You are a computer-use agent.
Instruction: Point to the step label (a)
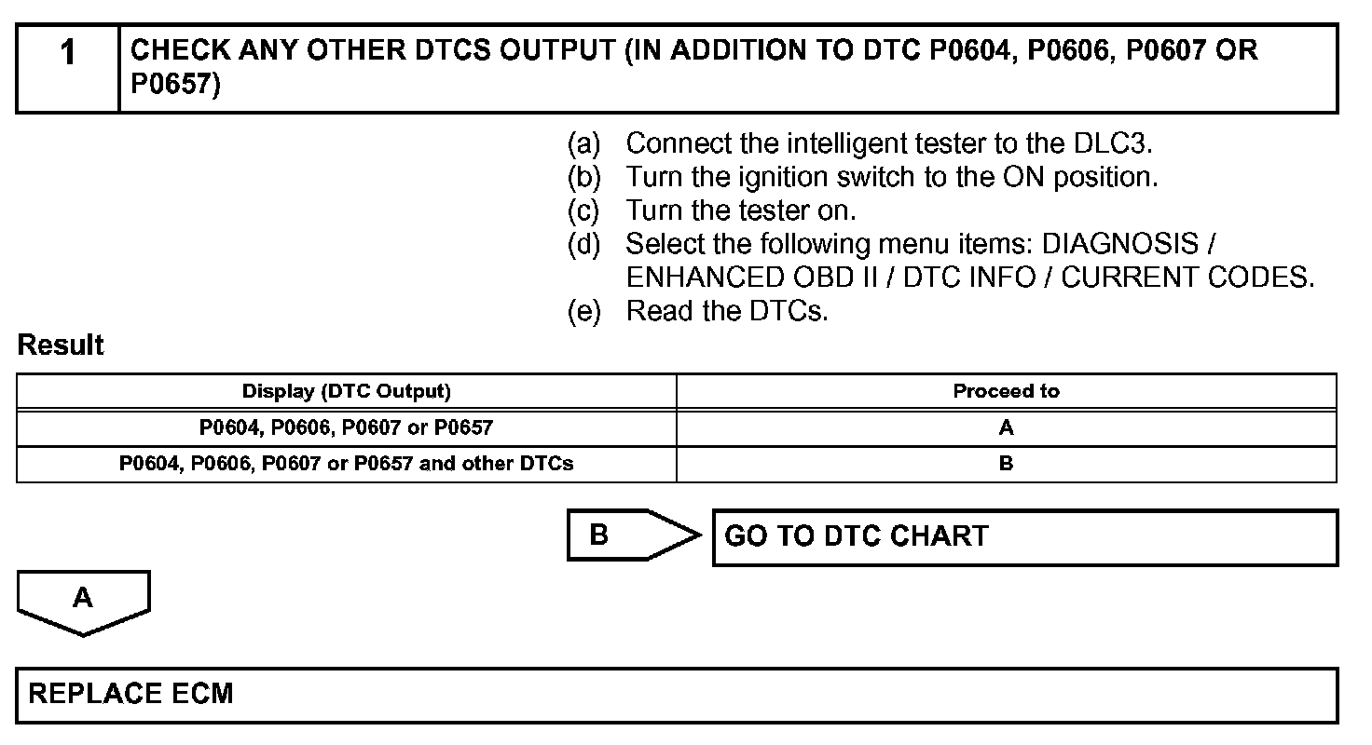[x=584, y=143]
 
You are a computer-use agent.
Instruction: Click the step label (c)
[x=584, y=210]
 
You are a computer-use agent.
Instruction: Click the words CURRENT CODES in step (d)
[x=1187, y=278]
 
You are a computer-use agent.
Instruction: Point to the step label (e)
[x=584, y=311]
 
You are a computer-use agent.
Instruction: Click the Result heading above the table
[x=61, y=345]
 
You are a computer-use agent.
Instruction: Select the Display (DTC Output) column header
[x=346, y=391]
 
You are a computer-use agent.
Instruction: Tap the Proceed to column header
[x=1006, y=391]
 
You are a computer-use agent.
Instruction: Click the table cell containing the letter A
[x=1006, y=428]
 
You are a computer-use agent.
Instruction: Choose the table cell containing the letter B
[x=1006, y=464]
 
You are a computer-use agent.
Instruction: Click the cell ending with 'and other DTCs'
[x=346, y=464]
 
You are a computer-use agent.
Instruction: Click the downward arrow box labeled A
[x=83, y=599]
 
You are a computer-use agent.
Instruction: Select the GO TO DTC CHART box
[x=1024, y=537]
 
